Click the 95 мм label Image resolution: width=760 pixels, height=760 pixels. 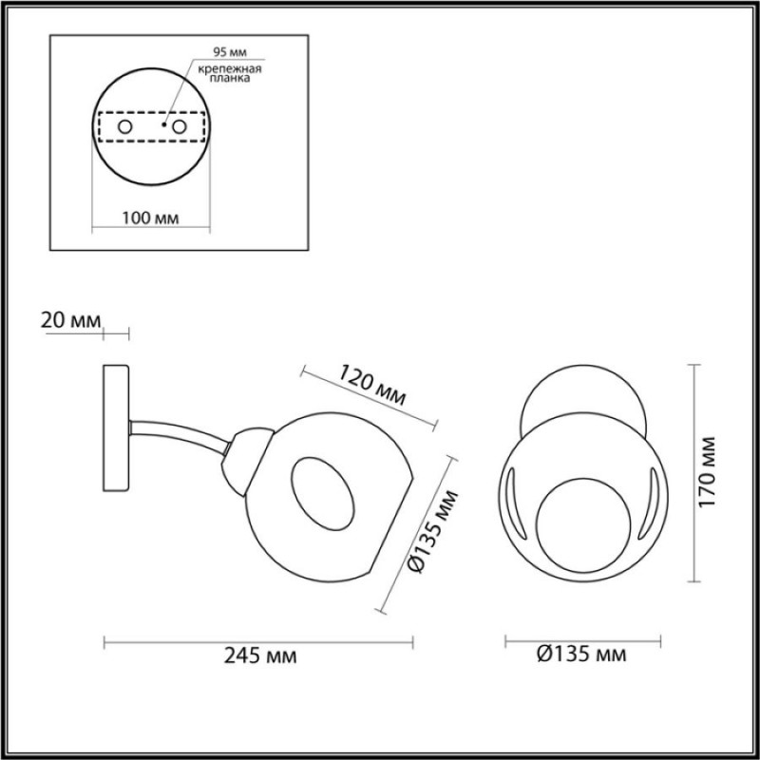coord(230,52)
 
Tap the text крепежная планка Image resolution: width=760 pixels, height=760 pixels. coord(230,73)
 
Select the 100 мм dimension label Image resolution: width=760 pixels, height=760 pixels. coord(150,218)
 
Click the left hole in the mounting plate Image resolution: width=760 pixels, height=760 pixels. coord(125,127)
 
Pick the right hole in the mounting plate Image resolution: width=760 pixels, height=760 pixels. coord(180,127)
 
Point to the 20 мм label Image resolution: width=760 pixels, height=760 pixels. coord(70,320)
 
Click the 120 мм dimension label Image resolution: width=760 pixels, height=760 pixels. coord(371,385)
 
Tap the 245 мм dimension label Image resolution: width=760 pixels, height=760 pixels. coord(259,656)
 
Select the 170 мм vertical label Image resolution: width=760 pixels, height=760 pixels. coord(708,472)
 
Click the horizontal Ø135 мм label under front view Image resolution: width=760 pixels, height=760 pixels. coord(581,655)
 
